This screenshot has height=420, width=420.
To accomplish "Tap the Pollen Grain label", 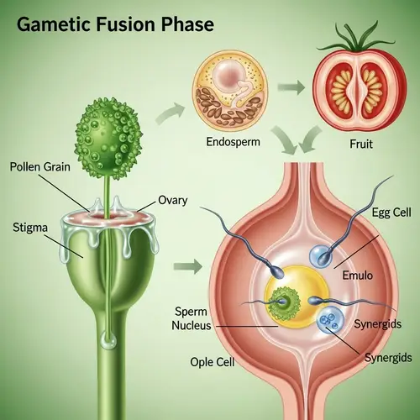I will tap(45, 167).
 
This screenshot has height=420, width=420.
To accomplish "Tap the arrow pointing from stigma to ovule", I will tap(192, 269).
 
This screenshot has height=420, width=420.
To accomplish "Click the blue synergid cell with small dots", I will tap(329, 321).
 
